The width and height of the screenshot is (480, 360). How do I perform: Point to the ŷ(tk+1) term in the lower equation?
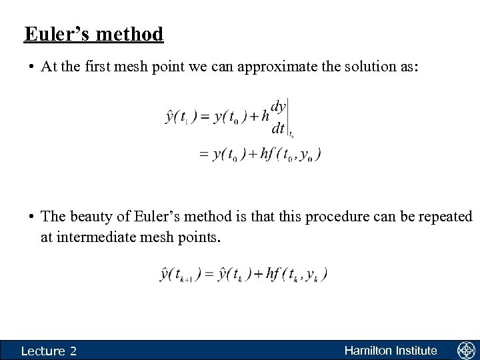coord(182,274)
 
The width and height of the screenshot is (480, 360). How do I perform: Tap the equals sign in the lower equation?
coord(214,274)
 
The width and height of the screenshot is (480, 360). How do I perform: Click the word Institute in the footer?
coord(415,351)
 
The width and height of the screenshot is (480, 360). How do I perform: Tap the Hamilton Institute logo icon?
coord(465,351)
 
